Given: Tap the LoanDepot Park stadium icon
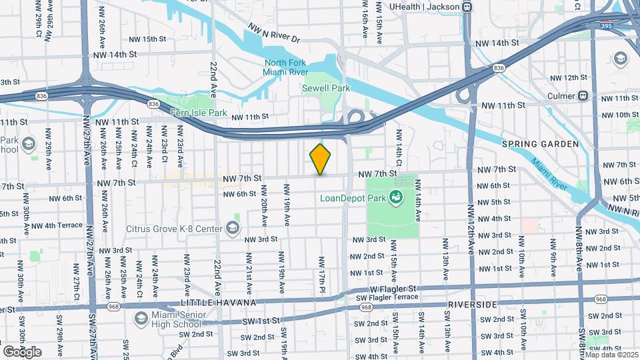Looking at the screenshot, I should (x=395, y=197).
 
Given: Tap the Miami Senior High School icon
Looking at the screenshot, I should (x=141, y=318).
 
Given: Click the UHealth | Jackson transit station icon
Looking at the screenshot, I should (x=467, y=7).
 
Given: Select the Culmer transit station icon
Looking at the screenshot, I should (x=583, y=95).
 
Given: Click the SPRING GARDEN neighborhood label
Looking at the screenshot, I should (x=540, y=144).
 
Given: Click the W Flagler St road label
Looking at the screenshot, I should (x=393, y=289).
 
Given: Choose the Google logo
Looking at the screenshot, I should (x=22, y=351).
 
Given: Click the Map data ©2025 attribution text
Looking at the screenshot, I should (x=609, y=354).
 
